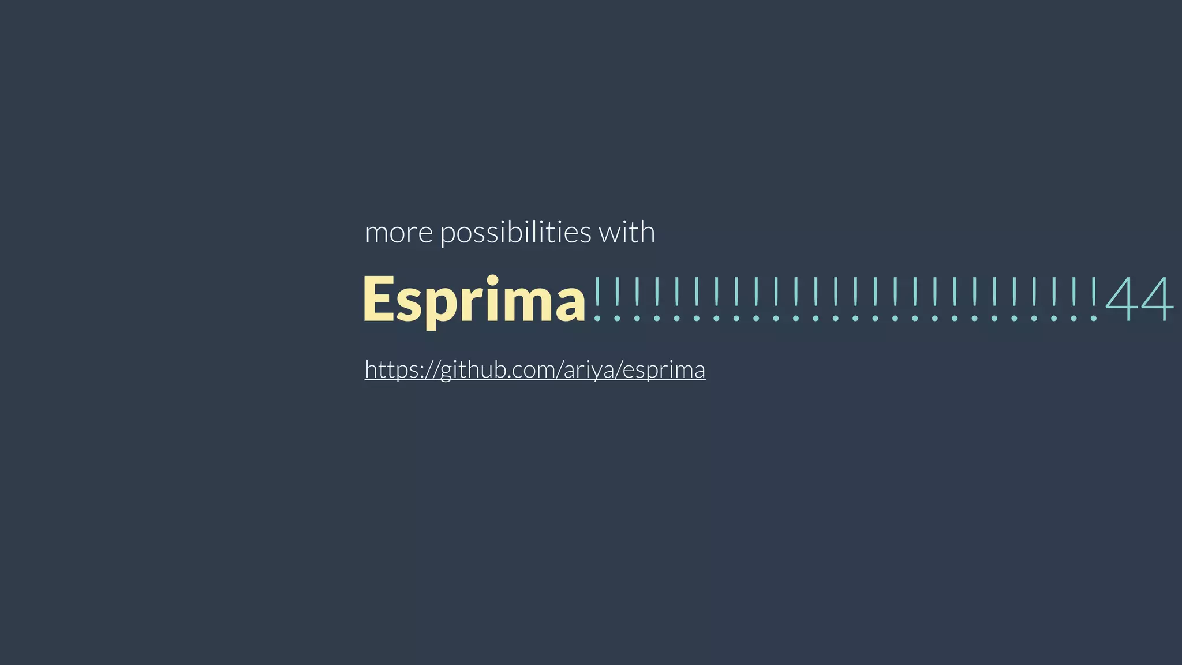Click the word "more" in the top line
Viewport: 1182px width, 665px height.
click(x=399, y=233)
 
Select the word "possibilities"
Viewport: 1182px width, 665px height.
click(x=515, y=233)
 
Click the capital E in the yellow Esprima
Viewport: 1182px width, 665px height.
click(x=379, y=300)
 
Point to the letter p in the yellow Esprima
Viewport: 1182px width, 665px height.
click(x=439, y=305)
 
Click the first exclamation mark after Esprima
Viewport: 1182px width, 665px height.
click(x=597, y=299)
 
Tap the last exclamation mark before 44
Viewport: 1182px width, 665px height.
click(x=1093, y=299)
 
